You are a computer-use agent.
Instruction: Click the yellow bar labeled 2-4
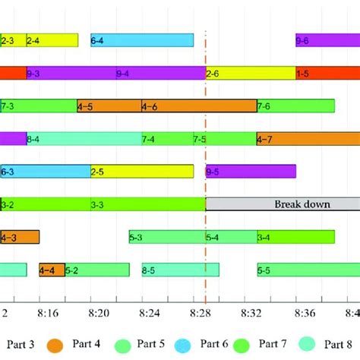52,40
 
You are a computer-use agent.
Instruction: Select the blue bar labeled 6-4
142,40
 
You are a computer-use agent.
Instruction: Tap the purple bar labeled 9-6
327,40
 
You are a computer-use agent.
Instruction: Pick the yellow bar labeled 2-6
251,73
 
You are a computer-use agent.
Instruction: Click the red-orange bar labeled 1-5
327,73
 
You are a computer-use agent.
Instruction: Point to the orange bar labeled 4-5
109,106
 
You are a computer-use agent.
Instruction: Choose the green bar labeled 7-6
295,106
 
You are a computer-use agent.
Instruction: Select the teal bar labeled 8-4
84,138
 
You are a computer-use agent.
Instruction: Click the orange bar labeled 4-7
308,138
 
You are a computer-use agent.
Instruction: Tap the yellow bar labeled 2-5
142,171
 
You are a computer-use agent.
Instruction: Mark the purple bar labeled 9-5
251,171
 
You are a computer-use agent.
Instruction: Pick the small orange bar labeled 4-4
52,269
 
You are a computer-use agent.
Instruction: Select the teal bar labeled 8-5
180,269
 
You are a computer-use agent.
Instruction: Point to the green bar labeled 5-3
167,237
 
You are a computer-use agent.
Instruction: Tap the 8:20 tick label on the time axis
103,311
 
